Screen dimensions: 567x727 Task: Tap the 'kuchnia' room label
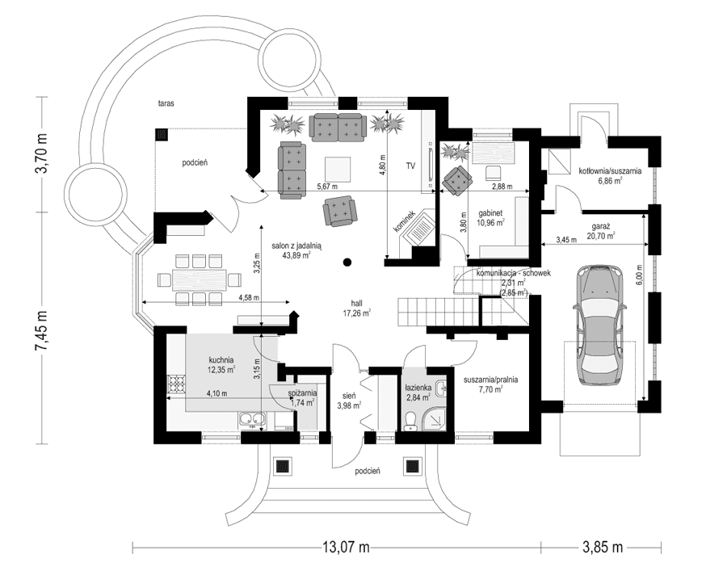coord(221,359)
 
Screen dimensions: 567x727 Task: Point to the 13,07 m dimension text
coord(346,547)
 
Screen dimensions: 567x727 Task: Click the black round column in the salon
coord(347,262)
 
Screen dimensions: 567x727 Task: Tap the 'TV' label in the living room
coord(410,166)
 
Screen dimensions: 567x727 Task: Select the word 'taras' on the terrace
coord(167,104)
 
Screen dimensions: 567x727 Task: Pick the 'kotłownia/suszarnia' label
coord(610,171)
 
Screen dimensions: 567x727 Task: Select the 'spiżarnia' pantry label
coord(303,393)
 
